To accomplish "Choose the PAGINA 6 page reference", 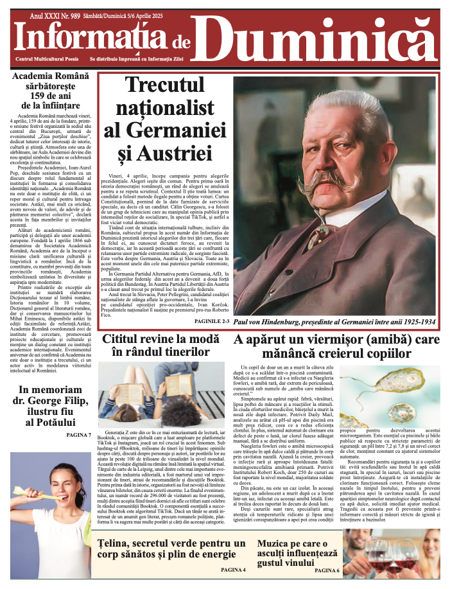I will (327, 570).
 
